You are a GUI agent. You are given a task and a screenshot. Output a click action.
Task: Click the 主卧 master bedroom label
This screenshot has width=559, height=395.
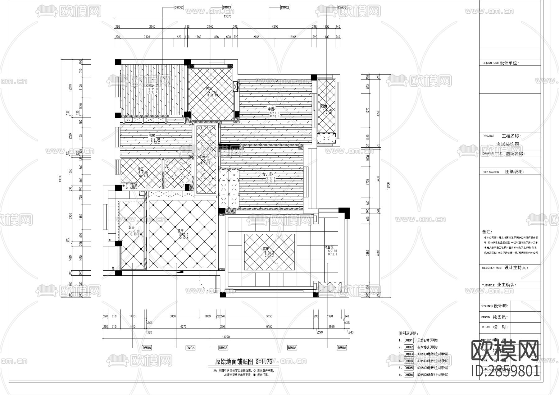tap(271, 109)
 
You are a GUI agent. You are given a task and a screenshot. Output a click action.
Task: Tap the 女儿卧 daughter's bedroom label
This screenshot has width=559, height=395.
tap(267, 174)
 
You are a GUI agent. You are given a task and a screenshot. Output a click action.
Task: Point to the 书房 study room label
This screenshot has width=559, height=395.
tap(152, 135)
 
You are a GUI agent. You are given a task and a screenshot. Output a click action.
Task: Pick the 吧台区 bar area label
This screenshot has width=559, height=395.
tap(329, 247)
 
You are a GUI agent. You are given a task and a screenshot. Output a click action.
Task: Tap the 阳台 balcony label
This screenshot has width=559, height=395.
tap(324, 106)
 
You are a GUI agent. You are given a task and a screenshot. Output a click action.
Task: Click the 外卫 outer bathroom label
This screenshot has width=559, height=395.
tap(141, 169)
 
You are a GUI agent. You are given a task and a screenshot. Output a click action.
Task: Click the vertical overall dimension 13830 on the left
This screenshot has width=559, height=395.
tap(60, 179)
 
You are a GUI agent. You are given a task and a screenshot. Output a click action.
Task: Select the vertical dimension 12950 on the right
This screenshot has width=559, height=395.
tap(388, 186)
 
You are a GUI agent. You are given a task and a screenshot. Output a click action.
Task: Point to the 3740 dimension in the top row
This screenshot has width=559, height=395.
tap(152, 27)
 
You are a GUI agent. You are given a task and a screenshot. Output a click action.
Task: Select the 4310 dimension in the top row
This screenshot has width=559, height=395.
tap(275, 27)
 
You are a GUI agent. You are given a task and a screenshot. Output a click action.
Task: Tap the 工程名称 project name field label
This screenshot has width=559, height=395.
tap(511, 136)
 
